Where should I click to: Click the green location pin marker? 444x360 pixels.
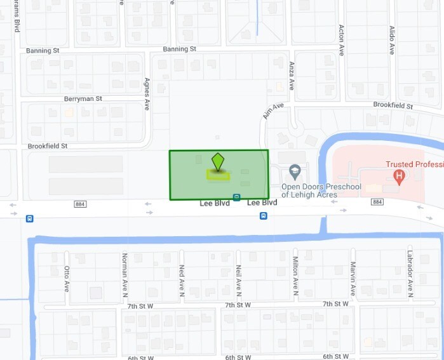click(218, 162)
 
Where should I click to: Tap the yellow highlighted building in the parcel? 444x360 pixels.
click(218, 175)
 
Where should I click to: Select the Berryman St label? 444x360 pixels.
click(83, 99)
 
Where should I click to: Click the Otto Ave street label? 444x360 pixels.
click(67, 278)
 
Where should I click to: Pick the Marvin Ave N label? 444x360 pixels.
click(353, 279)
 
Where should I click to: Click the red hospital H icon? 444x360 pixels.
click(399, 176)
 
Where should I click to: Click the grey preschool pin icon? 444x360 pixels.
click(294, 171)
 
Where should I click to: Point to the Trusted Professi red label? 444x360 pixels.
click(414, 164)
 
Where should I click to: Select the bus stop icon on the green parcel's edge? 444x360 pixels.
click(236, 197)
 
